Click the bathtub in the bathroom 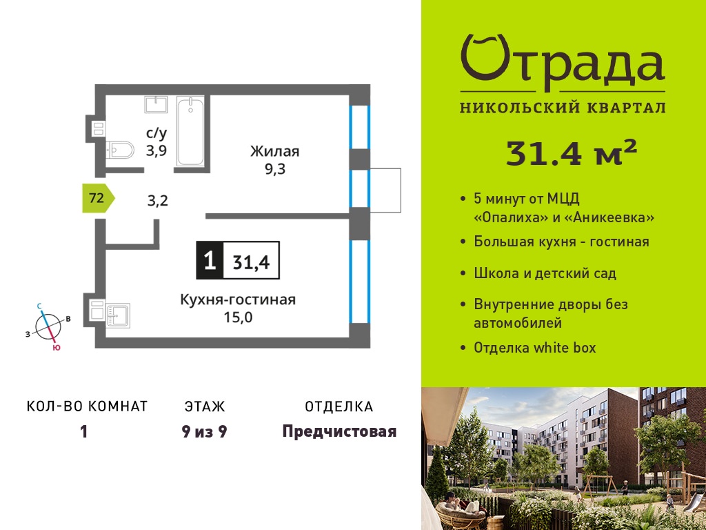190,131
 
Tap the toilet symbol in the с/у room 120,150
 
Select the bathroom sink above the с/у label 156,105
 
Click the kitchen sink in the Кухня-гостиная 119,315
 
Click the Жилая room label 274,151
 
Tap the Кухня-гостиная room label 238,300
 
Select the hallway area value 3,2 158,200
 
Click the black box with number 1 210,260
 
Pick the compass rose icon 48,326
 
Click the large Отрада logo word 563,63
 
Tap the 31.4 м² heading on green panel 572,153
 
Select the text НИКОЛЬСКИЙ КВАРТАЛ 563,108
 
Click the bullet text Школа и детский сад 545,273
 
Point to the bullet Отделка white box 534,348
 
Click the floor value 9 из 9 204,432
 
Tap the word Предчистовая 339,431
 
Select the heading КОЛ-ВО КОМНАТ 88,406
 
